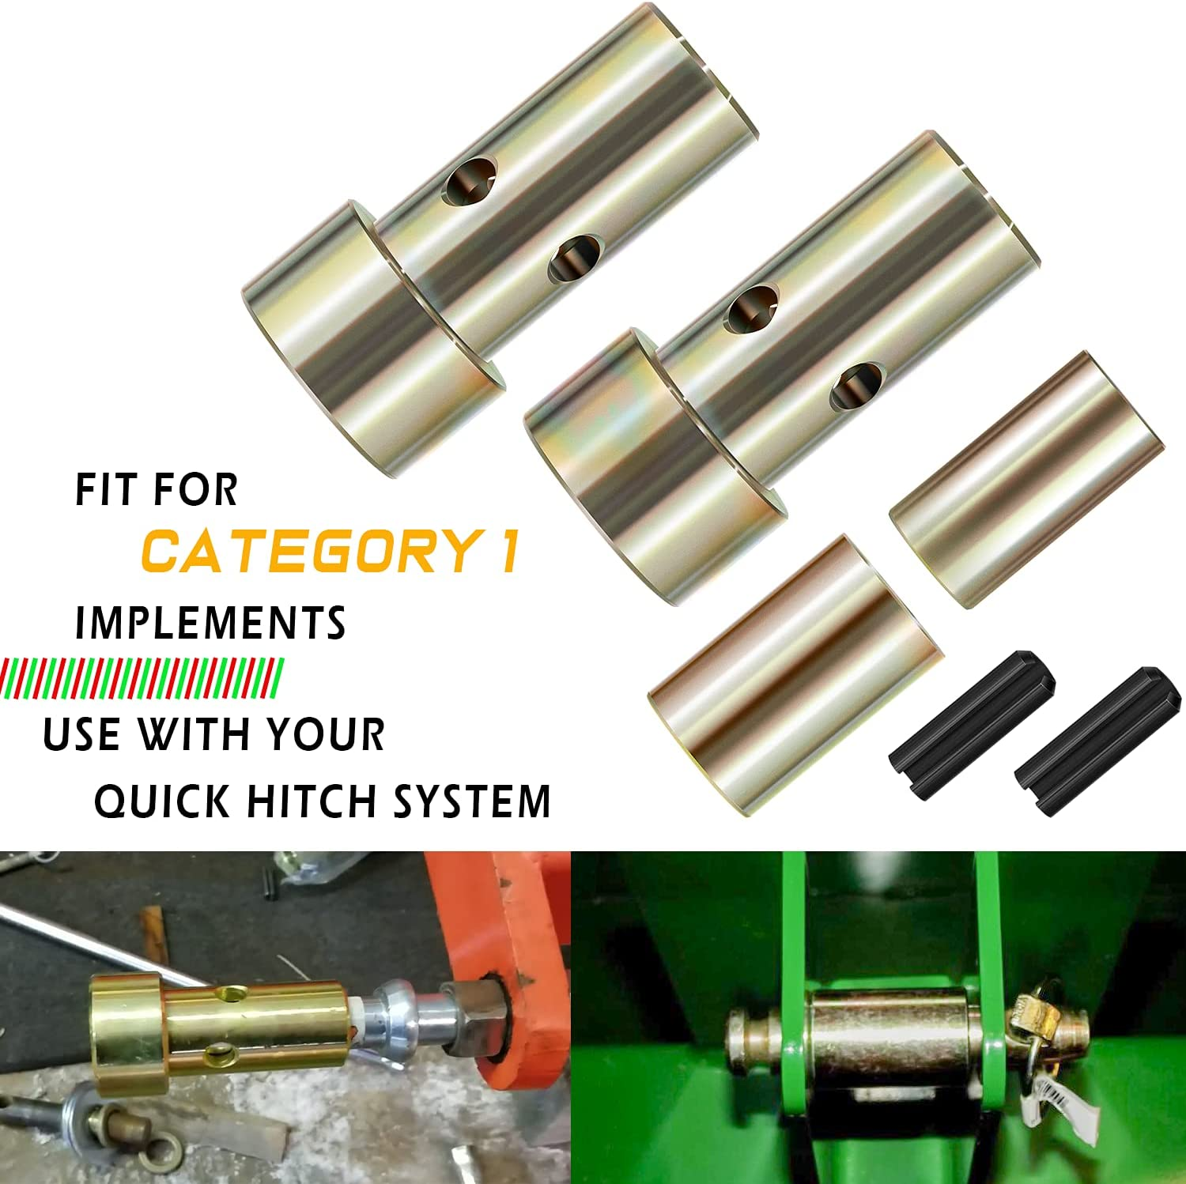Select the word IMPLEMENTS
coord(210,623)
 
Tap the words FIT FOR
coord(156,490)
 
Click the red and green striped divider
coord(142,677)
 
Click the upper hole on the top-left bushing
coord(470,179)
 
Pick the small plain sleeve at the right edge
coord(1026,478)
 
